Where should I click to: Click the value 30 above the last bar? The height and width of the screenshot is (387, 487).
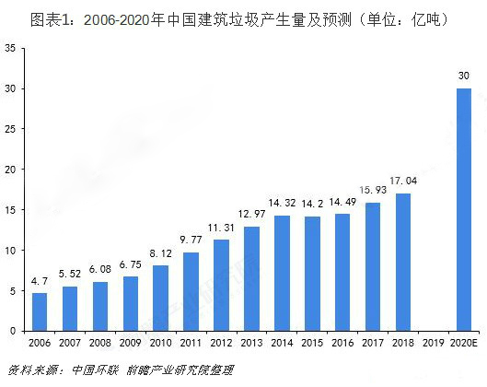(x=464, y=76)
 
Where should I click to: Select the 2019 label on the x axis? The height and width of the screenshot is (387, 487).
(x=434, y=343)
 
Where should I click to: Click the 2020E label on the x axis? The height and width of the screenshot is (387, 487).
(x=464, y=343)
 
